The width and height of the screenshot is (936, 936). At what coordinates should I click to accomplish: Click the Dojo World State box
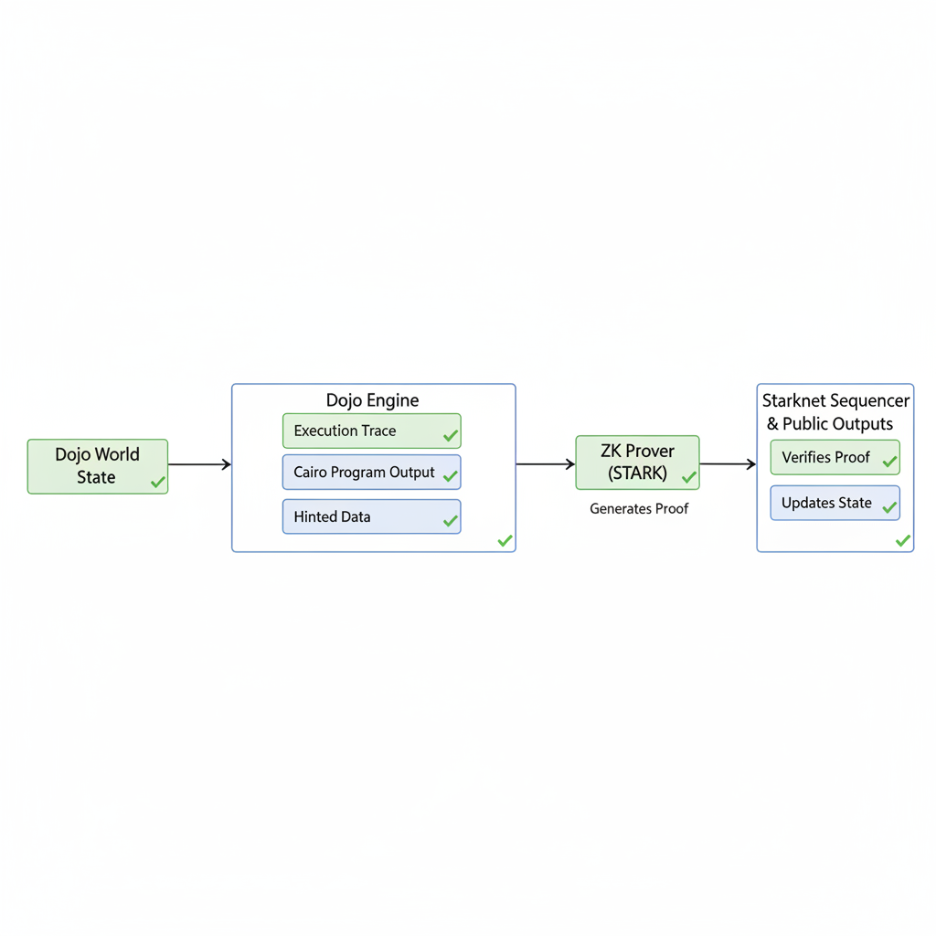[x=97, y=466]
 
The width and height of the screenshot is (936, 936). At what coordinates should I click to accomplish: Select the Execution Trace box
[x=371, y=431]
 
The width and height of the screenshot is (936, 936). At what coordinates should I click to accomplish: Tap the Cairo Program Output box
[x=371, y=473]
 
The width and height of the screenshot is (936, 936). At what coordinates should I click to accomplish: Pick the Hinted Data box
[x=371, y=516]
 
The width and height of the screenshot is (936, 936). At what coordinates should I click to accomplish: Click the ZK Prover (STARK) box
[x=637, y=463]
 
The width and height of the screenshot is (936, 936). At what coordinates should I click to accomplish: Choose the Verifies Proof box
[x=835, y=457]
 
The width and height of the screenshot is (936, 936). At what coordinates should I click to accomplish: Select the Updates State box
[x=835, y=503]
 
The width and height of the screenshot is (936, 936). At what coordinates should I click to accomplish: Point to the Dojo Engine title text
[x=373, y=400]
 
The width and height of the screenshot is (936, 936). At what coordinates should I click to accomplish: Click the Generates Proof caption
[x=639, y=508]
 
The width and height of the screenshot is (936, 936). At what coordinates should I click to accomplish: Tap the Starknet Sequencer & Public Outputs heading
[x=835, y=412]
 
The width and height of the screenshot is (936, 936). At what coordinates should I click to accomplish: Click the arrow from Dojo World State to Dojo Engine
[x=199, y=464]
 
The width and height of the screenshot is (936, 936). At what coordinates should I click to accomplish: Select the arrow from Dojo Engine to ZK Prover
[x=545, y=464]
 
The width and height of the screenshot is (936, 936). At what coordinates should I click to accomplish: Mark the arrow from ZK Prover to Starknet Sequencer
[x=728, y=464]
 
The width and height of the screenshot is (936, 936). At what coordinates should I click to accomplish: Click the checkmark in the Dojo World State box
[x=158, y=482]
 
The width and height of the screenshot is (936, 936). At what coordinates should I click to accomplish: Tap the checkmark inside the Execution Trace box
[x=450, y=436]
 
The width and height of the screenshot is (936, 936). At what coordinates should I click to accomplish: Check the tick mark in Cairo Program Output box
[x=450, y=476]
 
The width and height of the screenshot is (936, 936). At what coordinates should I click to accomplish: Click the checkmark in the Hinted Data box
[x=450, y=521]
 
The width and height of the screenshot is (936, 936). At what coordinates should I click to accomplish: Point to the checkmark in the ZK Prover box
[x=688, y=477]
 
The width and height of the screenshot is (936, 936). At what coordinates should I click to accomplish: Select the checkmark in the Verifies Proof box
[x=889, y=463]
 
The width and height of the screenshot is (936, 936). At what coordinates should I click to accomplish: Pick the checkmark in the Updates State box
[x=889, y=508]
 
